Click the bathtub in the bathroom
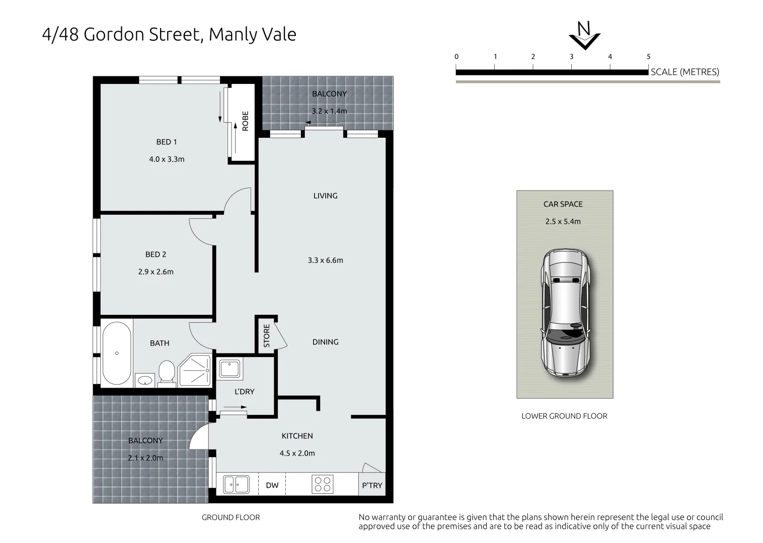117,353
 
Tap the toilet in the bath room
167,373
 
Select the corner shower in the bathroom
195,370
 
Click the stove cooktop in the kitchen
322,485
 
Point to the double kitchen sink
236,485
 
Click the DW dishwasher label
272,486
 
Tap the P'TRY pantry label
372,486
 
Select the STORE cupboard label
267,335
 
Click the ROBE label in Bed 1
245,121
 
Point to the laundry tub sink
230,369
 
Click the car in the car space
565,313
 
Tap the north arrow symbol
584,36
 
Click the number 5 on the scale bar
649,56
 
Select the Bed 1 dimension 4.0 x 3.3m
167,159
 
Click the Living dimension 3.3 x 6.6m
325,260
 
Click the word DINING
325,342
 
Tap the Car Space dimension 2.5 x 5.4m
563,222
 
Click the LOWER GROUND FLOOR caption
564,416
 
